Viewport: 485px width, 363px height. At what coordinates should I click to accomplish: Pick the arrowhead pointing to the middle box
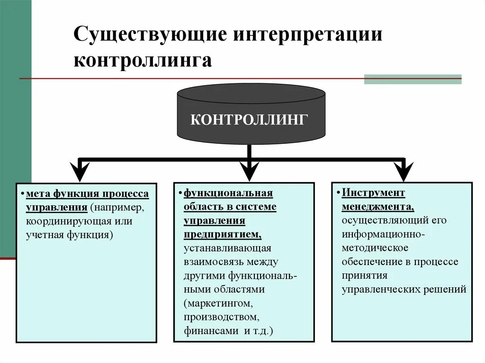(x=249, y=171)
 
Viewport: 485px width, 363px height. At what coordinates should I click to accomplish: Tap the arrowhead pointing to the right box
(x=403, y=171)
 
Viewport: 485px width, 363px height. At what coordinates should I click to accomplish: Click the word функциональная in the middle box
(x=228, y=193)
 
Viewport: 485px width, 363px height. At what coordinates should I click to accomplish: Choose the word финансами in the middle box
(x=211, y=330)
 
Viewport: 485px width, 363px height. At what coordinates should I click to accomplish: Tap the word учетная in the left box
(x=43, y=234)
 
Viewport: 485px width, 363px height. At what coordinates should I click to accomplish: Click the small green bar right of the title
(x=413, y=79)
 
